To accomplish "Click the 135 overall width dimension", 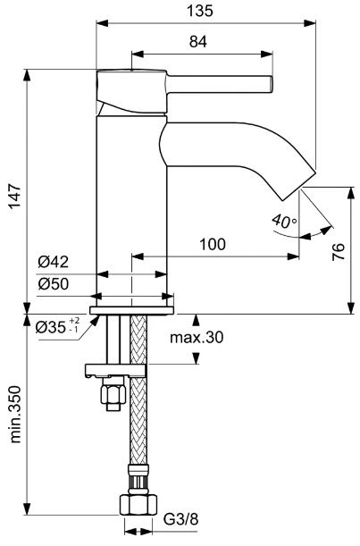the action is click(200, 11).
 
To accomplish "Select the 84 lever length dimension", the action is click(198, 42).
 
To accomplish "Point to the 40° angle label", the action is click(284, 221).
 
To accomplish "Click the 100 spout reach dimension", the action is click(213, 244).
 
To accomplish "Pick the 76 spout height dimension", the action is click(339, 251).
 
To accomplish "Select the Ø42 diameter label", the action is click(54, 262).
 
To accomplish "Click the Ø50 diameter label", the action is click(54, 284).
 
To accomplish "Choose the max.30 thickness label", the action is click(197, 337).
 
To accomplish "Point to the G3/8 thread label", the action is click(180, 520).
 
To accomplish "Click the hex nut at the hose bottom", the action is click(138, 505).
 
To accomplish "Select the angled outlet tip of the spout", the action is click(298, 186).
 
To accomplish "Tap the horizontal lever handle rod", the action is click(219, 85).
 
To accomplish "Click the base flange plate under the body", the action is click(131, 310).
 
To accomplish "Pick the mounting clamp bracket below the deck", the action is click(115, 371).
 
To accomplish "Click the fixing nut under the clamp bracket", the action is click(113, 394).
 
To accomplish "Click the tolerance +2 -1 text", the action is click(74, 324).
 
